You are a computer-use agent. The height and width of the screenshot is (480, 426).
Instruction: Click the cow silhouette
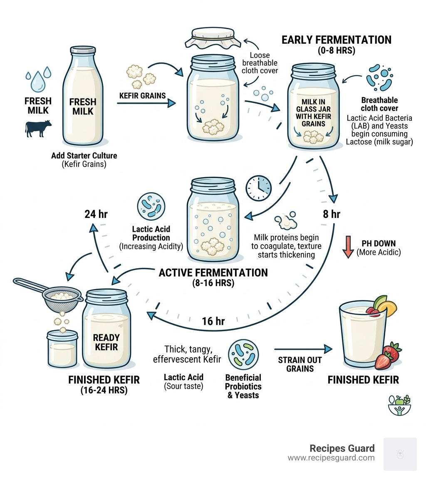38,128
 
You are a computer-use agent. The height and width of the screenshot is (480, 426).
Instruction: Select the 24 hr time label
96,214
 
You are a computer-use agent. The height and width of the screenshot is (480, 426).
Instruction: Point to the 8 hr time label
332,214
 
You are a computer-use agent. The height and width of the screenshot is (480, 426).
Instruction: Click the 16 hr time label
213,321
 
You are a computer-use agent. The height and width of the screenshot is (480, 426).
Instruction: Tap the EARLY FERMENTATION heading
336,40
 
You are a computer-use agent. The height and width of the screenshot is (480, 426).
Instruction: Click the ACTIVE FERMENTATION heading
213,273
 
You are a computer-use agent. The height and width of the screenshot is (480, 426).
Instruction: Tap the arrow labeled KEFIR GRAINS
146,104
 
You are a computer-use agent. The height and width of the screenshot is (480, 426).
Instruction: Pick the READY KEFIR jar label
106,342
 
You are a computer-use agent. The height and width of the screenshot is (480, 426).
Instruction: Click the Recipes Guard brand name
342,448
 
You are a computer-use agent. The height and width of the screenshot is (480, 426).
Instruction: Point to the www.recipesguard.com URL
331,458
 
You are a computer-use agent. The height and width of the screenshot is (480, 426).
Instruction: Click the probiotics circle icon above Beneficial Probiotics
243,354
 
